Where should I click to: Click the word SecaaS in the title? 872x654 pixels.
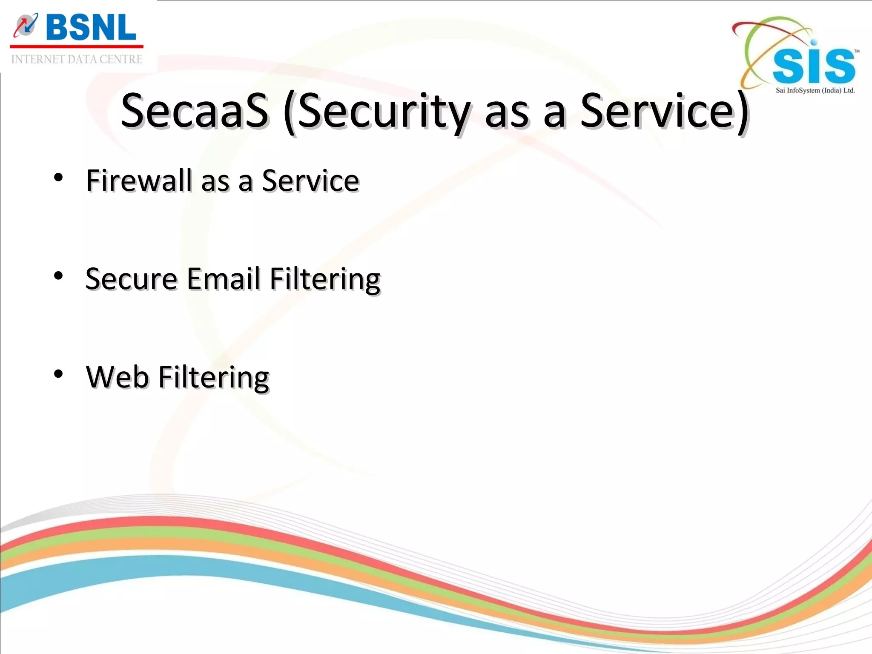pyautogui.click(x=195, y=112)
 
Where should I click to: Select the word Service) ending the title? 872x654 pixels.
pyautogui.click(x=664, y=112)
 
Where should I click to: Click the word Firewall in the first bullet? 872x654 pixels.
pyautogui.click(x=139, y=181)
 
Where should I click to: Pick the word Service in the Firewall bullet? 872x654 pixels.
pyautogui.click(x=310, y=181)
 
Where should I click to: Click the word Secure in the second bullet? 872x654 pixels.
pyautogui.click(x=131, y=279)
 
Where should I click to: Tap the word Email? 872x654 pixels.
pyautogui.click(x=223, y=279)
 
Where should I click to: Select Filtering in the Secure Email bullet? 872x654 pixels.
pyautogui.click(x=325, y=279)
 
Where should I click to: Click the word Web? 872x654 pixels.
pyautogui.click(x=117, y=377)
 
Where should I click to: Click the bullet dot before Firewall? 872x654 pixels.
pyautogui.click(x=58, y=178)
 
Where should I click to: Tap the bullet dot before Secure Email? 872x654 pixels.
pyautogui.click(x=58, y=276)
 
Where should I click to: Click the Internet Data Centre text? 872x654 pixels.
pyautogui.click(x=77, y=60)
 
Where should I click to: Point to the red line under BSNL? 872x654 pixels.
pyautogui.click(x=77, y=46)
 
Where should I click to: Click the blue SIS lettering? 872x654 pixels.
pyautogui.click(x=813, y=66)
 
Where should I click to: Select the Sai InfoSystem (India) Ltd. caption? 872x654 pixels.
pyautogui.click(x=815, y=90)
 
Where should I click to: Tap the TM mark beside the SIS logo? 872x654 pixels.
pyautogui.click(x=857, y=51)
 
